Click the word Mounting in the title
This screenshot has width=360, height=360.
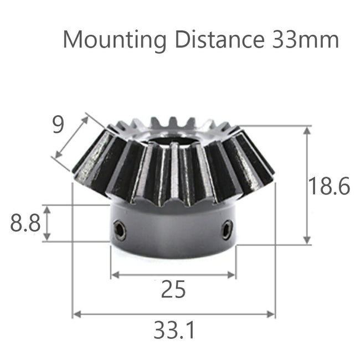[x=114, y=40]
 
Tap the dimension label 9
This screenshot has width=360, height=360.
[x=58, y=126]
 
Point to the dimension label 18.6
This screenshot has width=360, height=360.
[x=329, y=187]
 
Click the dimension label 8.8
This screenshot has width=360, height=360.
[x=25, y=223]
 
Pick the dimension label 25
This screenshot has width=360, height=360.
[x=173, y=289]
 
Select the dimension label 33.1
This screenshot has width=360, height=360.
[x=173, y=331]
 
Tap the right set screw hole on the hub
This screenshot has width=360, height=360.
[x=227, y=229]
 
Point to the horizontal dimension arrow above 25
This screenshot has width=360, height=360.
[x=173, y=274]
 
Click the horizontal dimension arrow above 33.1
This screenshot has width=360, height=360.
[x=173, y=314]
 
